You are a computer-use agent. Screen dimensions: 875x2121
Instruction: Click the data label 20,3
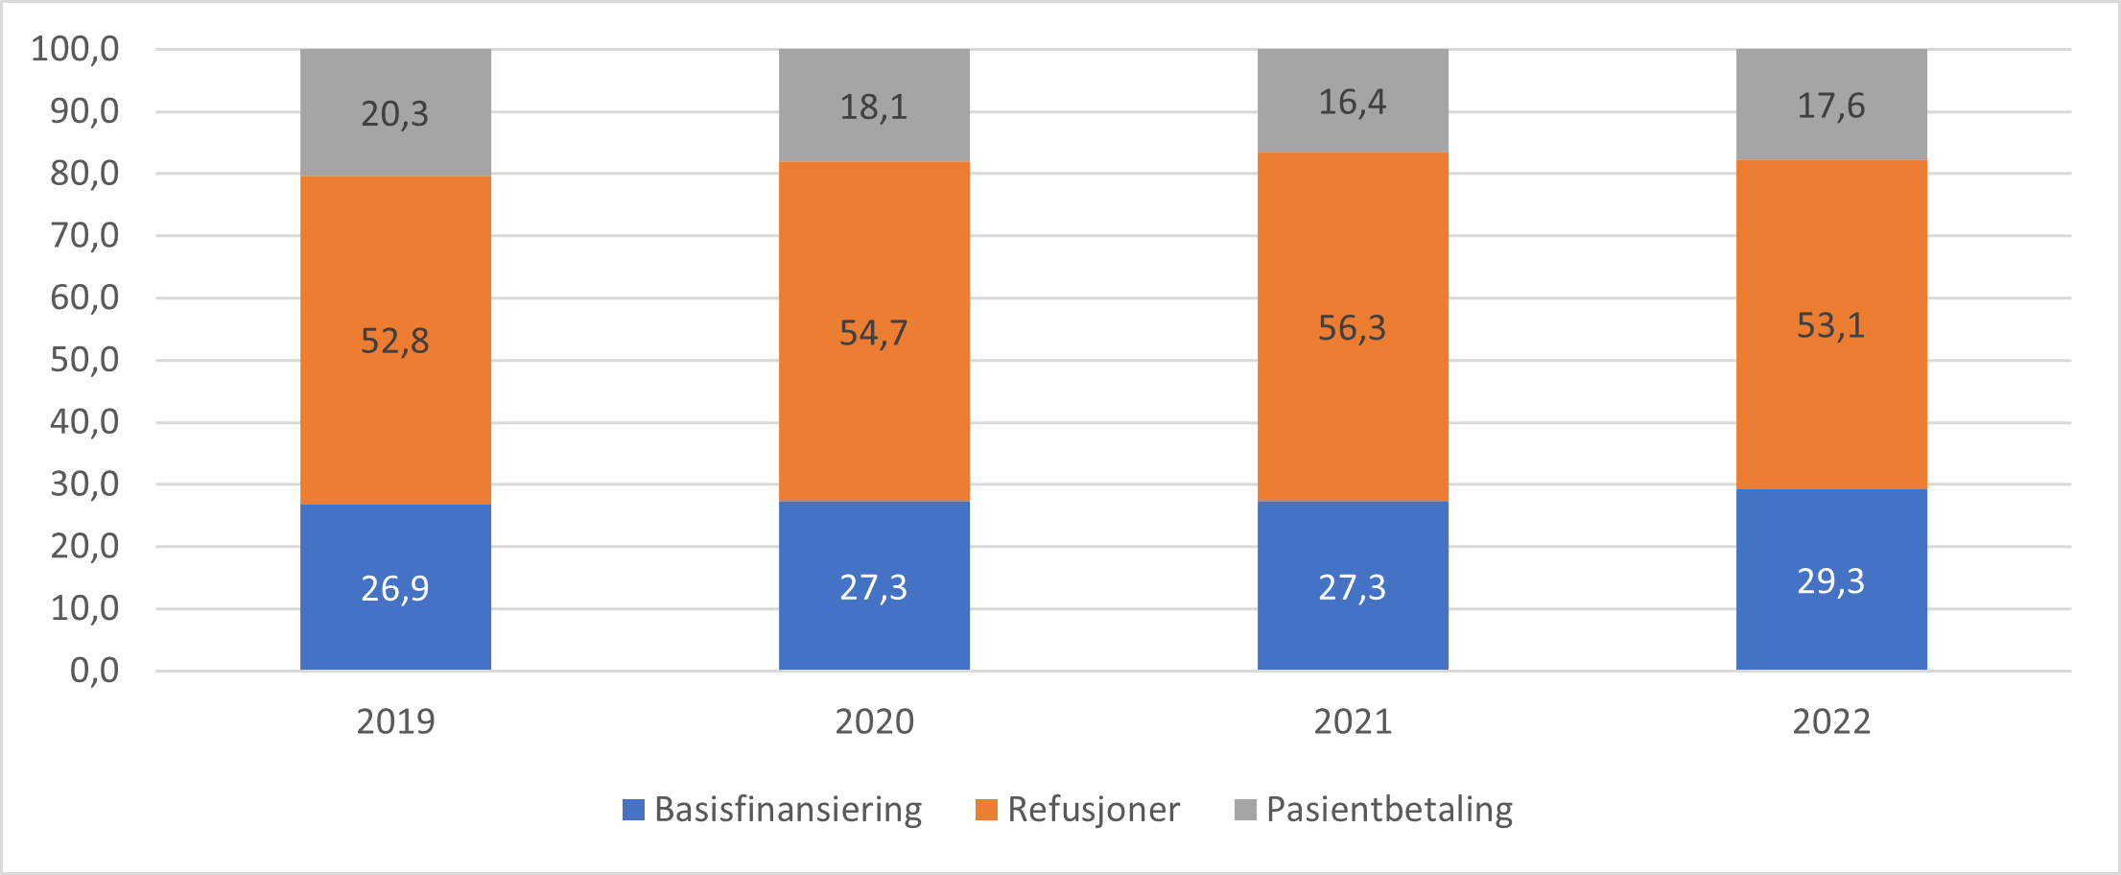point(394,114)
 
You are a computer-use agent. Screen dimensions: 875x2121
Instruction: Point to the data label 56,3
point(1352,328)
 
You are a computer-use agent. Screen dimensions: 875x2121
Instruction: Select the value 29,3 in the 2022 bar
point(1830,581)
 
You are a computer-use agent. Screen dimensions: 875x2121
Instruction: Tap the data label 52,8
point(394,341)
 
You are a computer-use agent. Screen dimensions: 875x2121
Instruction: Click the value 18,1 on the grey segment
point(873,106)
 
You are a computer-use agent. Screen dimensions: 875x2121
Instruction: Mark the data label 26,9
point(394,588)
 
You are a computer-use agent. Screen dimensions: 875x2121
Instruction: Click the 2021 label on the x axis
point(1353,721)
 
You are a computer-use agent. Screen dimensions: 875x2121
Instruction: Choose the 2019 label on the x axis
point(395,721)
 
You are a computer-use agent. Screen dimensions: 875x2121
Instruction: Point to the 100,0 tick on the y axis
point(75,49)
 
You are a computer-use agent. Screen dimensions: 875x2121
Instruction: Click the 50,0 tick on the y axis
point(84,360)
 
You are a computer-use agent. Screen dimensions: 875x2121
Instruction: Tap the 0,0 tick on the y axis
point(94,671)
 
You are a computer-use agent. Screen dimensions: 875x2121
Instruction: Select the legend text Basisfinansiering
point(788,810)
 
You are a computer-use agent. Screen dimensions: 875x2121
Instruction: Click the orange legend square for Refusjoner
point(986,810)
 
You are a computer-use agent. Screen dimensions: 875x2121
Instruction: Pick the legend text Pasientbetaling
point(1389,810)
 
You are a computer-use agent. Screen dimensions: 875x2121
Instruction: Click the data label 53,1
point(1830,326)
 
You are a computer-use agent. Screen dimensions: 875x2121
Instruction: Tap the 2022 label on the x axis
point(1831,721)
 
